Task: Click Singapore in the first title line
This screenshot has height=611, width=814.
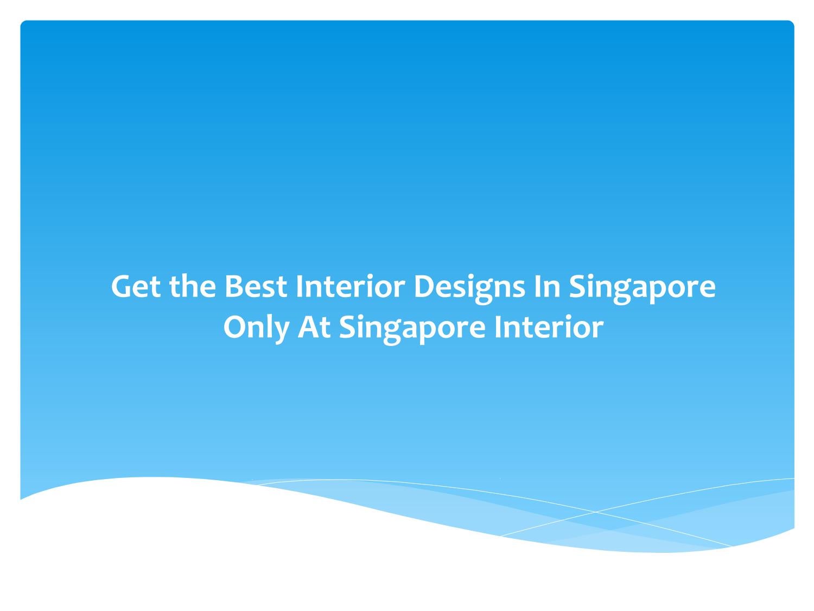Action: coord(642,287)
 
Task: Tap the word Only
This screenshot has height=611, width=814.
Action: coord(255,327)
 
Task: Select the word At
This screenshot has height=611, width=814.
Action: coord(314,327)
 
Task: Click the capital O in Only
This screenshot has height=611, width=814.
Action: coord(234,327)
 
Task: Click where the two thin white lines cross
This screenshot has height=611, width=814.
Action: coord(595,512)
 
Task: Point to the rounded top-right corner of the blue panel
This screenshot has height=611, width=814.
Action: coord(791,24)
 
